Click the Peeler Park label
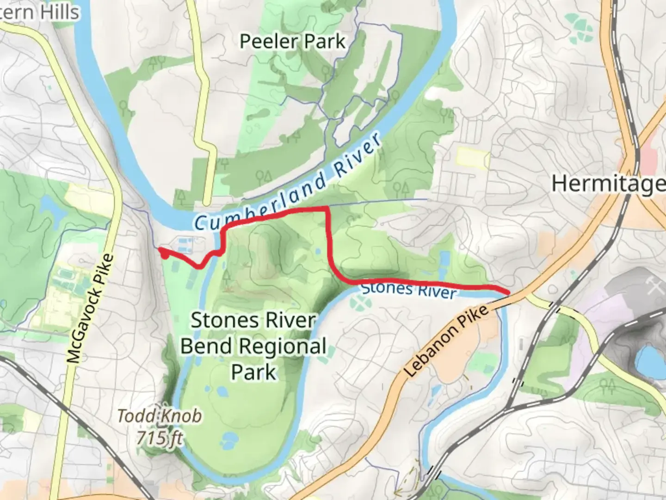[x=292, y=42]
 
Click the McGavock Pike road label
[x=90, y=308]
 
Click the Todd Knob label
[x=160, y=416]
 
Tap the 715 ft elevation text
[x=160, y=437]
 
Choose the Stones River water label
[x=409, y=290]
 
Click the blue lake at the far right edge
[x=652, y=362]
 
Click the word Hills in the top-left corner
[x=58, y=12]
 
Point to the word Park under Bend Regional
[x=253, y=372]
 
